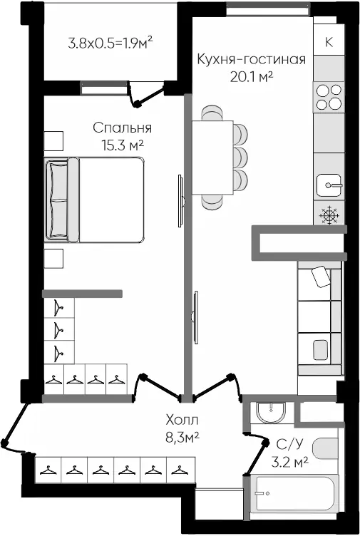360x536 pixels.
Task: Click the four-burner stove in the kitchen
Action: coord(329,97)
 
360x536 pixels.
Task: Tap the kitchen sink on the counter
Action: coord(329,185)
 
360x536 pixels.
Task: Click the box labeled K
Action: coord(329,42)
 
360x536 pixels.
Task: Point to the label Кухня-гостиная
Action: coord(251,59)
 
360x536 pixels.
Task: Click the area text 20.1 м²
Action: coord(251,77)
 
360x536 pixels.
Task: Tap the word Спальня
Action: coord(122,128)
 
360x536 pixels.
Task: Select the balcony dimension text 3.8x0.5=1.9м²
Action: coord(110,43)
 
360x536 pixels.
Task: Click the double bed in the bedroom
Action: coord(94,200)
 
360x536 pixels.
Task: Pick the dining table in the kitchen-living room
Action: coord(212,158)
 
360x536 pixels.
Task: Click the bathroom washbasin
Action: coord(271,413)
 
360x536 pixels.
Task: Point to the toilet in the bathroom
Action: coord(325,448)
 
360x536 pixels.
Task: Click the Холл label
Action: coord(182,419)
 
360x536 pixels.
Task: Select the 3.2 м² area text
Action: coord(290,463)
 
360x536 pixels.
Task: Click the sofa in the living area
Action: coord(319,318)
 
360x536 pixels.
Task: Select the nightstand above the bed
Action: coord(53,141)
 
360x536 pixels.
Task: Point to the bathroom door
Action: coord(254,453)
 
